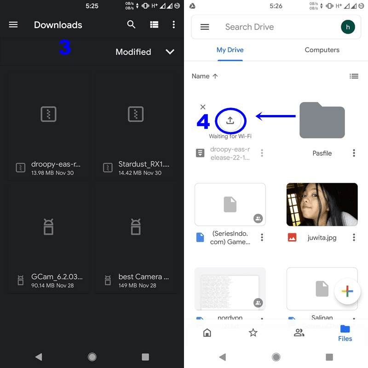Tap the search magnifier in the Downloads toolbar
pos(132,25)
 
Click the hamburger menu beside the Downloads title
pos(13,25)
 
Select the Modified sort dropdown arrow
pos(170,52)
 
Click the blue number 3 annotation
pos(64,47)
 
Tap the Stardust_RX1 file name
pos(144,164)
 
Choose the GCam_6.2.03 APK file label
pos(57,277)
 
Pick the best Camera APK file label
pos(144,277)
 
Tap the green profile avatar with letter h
pos(348,27)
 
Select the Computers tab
pos(322,50)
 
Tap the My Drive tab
pos(230,50)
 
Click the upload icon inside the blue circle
pos(230,121)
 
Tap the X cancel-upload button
pos(203,107)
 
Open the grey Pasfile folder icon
pos(322,120)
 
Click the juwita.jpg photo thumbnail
pos(322,205)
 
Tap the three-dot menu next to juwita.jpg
pos(354,237)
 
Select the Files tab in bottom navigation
pos(345,333)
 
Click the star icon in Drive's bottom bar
pos(253,333)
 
